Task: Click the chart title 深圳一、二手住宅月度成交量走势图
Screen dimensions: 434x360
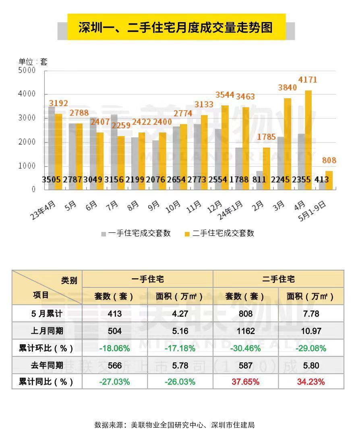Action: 176,27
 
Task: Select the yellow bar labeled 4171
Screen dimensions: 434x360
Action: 308,139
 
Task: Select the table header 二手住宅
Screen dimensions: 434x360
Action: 278,279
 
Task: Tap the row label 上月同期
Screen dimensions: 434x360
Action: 47,331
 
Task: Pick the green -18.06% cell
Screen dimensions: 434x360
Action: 115,348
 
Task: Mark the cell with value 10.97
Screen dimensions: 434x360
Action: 310,331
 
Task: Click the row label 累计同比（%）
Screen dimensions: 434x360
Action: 47,382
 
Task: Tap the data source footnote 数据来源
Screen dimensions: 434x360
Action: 174,425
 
